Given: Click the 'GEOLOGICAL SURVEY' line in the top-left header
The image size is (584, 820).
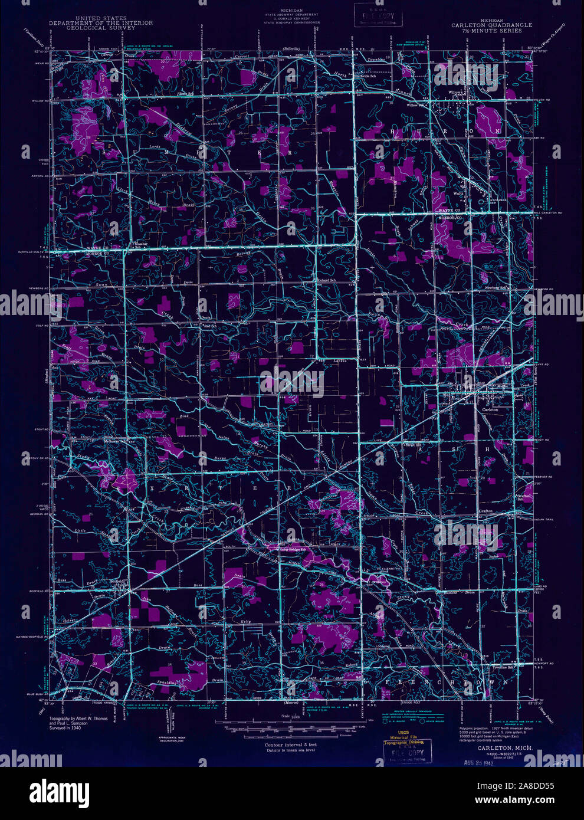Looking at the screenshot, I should point(100,27).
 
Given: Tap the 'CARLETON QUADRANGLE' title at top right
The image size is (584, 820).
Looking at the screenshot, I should point(491,25).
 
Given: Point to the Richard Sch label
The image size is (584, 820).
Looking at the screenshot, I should point(326,280).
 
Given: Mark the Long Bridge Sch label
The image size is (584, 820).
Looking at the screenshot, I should point(294,550).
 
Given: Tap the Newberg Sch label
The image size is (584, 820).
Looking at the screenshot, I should point(496,288).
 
